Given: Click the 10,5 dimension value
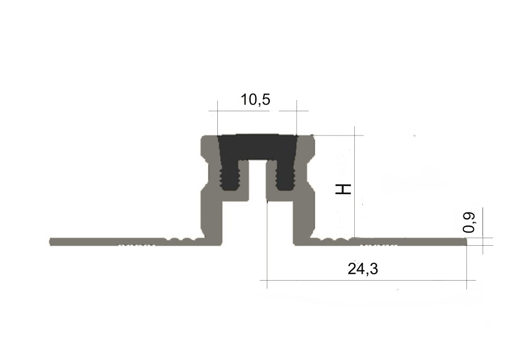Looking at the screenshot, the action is pyautogui.click(x=255, y=100).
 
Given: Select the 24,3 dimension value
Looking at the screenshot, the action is pyautogui.click(x=363, y=268).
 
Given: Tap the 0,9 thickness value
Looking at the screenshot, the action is pyautogui.click(x=469, y=222).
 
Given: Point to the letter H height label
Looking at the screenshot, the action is pyautogui.click(x=343, y=189).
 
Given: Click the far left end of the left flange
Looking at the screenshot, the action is pyautogui.click(x=50, y=242).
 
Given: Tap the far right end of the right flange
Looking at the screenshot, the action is pyautogui.click(x=466, y=242).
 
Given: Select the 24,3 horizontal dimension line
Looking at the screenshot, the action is pyautogui.click(x=367, y=280).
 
